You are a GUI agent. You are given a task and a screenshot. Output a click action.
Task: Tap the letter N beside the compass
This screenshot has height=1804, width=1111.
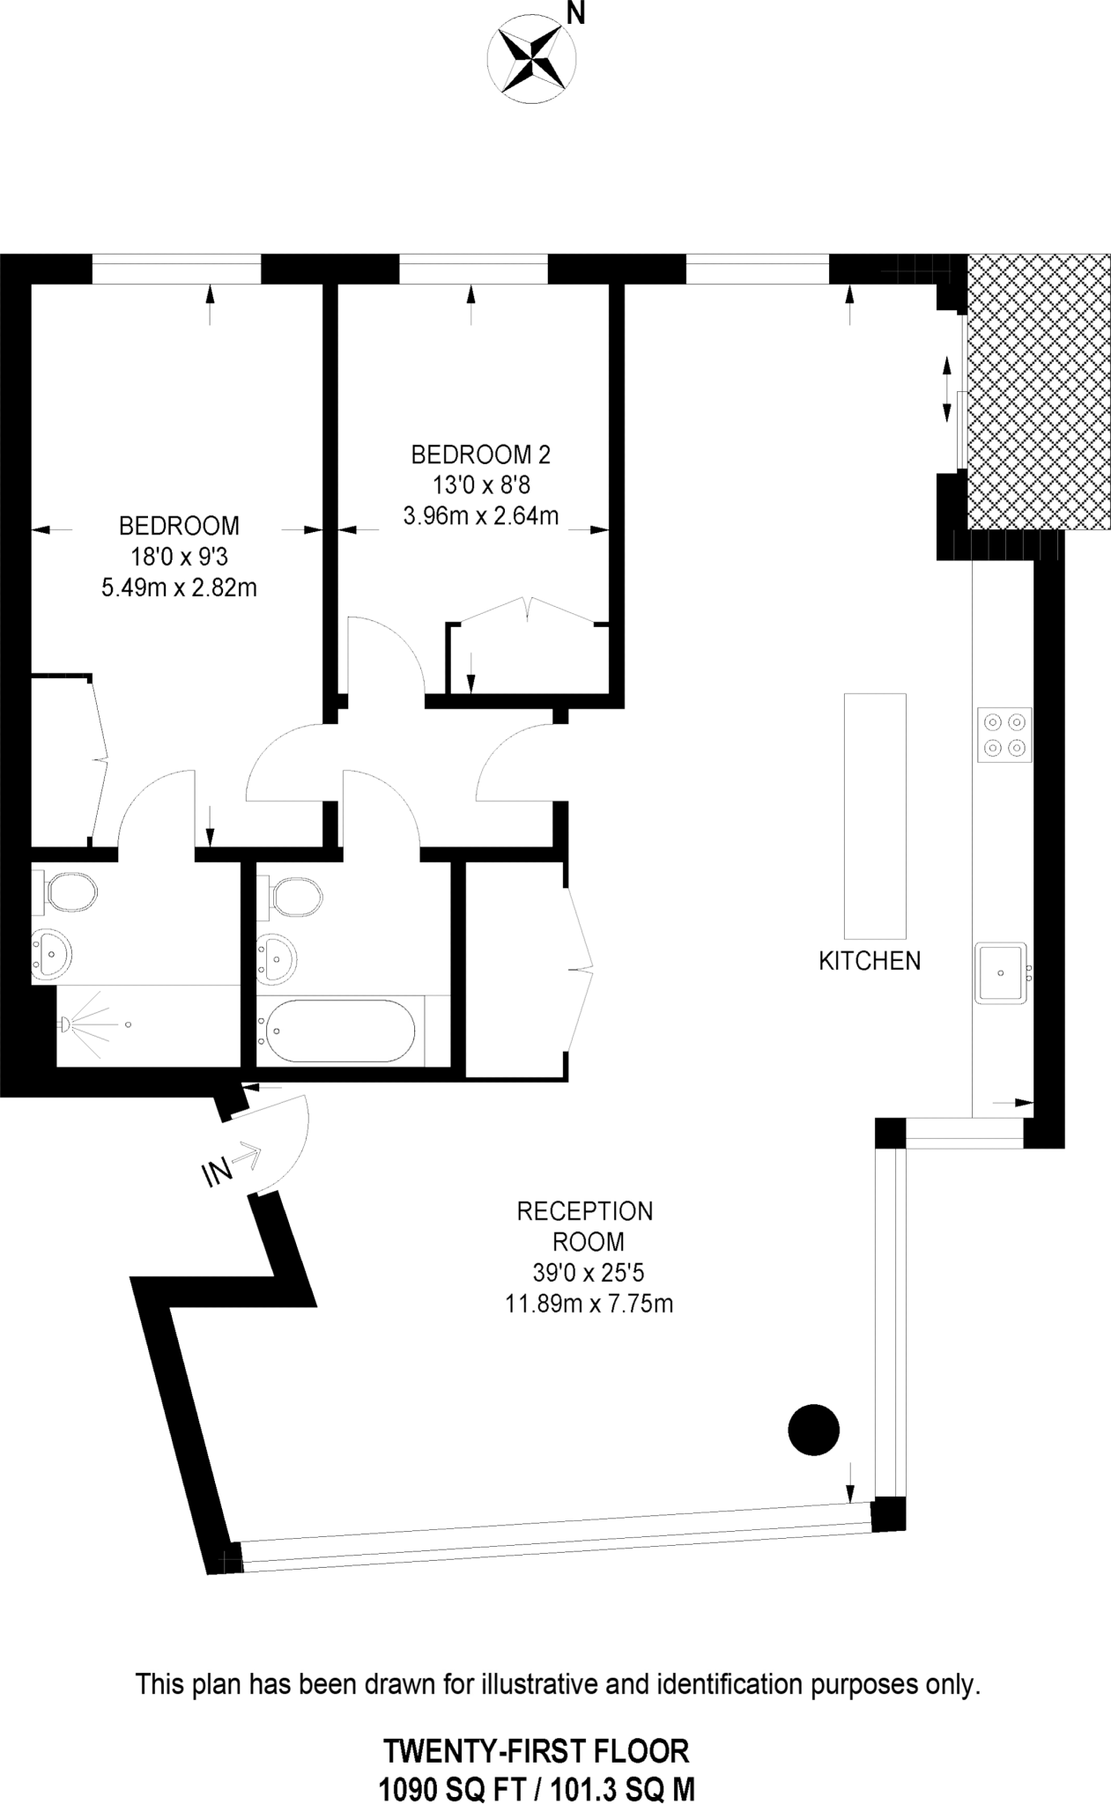click(576, 12)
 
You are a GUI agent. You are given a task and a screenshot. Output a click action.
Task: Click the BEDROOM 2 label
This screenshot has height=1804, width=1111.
click(480, 455)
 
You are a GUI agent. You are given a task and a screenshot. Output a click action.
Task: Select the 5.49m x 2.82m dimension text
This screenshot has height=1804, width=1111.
click(179, 588)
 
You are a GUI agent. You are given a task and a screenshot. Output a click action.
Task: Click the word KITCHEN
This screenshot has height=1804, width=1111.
click(870, 960)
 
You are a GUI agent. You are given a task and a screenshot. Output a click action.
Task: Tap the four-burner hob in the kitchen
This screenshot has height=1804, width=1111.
click(1004, 735)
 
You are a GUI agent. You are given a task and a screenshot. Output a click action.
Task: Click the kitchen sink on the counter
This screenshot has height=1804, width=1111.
click(1001, 972)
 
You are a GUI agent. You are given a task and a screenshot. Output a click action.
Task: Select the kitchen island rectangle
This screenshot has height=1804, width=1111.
click(874, 816)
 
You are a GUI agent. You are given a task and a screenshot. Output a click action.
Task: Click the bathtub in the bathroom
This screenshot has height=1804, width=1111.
click(340, 1031)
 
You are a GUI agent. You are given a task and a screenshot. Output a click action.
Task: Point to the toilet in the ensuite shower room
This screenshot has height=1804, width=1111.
click(68, 891)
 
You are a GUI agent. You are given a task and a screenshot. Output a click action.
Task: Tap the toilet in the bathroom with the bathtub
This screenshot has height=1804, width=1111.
click(293, 897)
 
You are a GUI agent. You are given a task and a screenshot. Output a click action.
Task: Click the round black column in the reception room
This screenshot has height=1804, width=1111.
click(813, 1429)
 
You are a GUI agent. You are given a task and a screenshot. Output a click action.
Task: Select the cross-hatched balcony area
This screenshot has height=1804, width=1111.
click(1038, 392)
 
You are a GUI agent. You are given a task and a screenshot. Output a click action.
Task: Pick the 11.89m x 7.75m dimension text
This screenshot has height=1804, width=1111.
click(589, 1303)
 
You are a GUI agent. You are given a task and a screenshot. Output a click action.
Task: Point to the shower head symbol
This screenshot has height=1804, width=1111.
click(66, 1024)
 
